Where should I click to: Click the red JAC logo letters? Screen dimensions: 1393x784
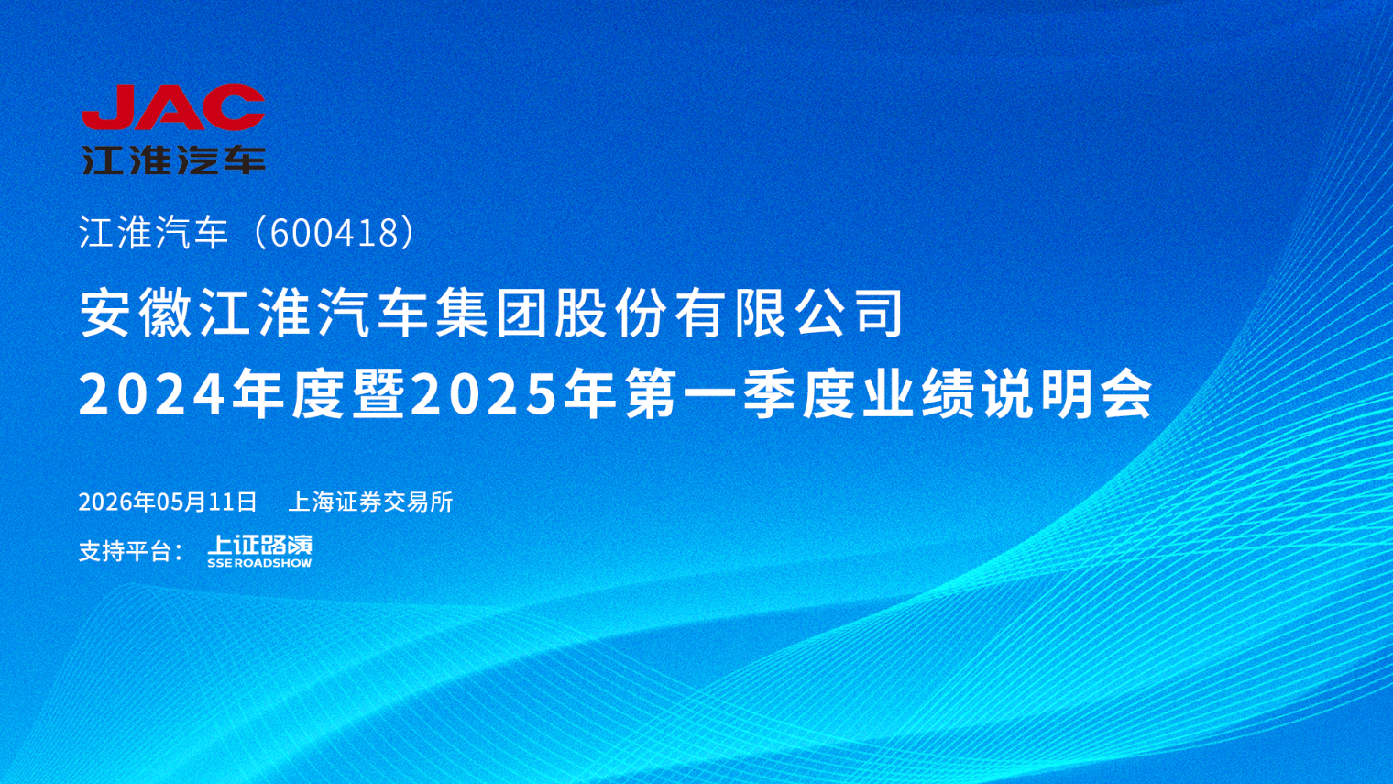173,107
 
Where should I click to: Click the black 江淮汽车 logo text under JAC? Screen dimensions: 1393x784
174,160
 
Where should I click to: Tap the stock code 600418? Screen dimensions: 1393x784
334,233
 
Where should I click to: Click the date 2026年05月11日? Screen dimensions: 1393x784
168,502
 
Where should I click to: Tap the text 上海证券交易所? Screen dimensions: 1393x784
370,502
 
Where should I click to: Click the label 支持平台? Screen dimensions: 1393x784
125,551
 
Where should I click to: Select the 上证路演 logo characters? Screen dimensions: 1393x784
260,545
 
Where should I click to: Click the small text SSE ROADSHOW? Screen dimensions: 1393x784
260,563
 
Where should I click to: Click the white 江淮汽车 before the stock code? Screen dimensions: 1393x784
154,233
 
